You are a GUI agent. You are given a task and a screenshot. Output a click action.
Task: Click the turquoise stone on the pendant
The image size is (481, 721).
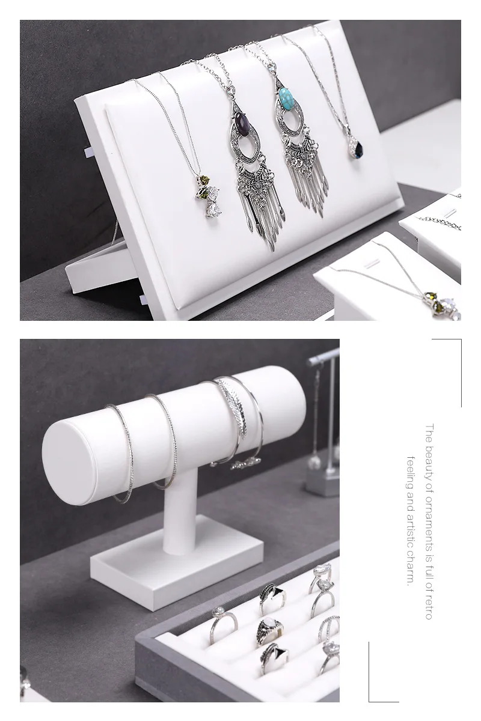tap(285, 97)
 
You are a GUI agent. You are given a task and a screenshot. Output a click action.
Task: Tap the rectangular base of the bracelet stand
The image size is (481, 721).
tap(177, 562)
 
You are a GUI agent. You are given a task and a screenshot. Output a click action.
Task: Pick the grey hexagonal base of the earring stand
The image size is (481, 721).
tap(323, 482)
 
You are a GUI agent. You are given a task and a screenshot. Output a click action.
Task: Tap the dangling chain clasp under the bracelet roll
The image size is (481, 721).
tap(245, 463)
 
